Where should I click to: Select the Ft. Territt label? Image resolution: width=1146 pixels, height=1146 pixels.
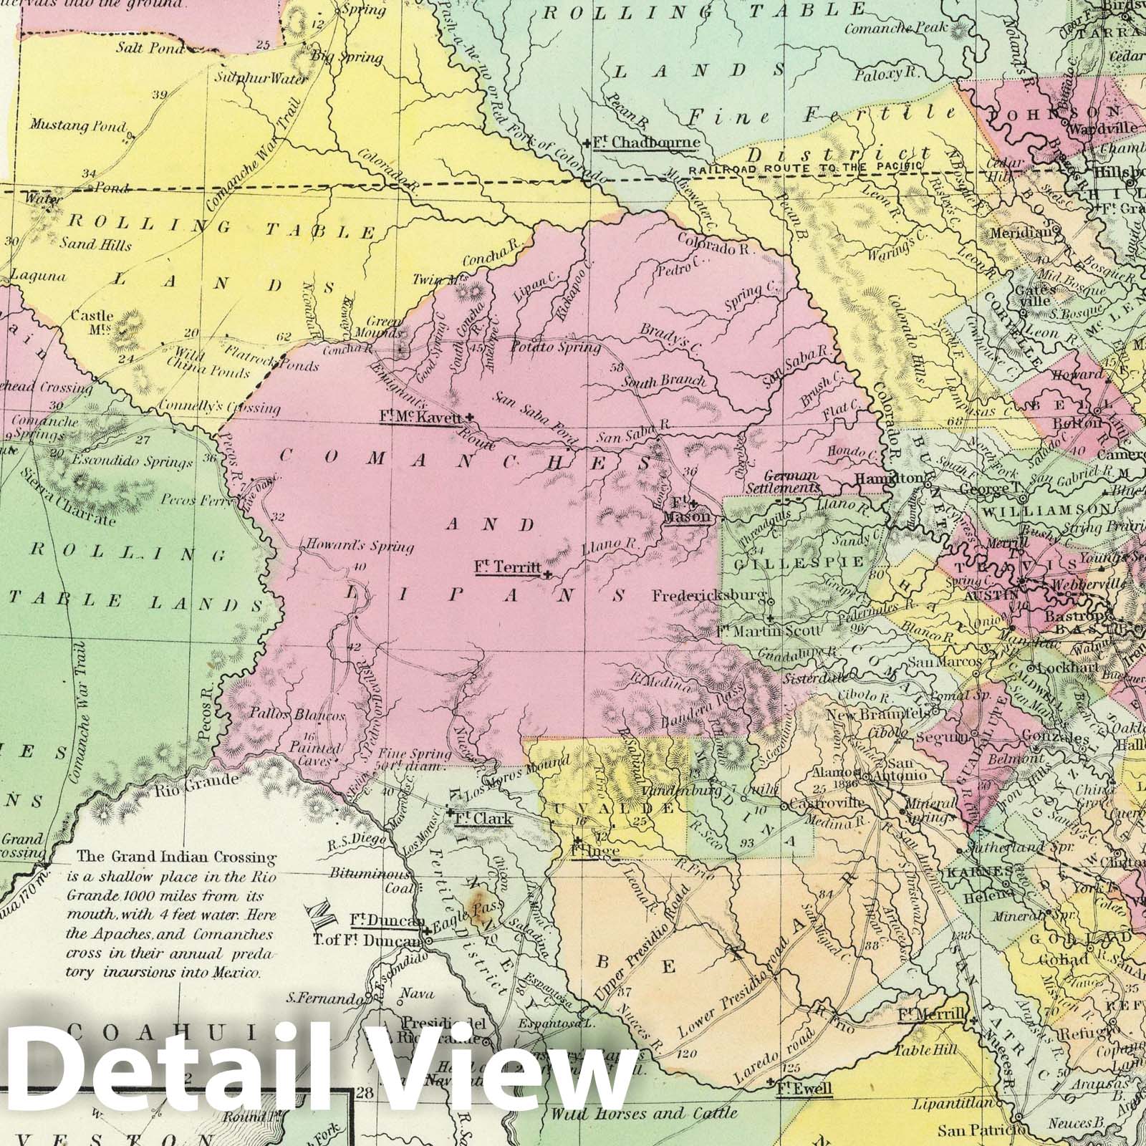(x=507, y=567)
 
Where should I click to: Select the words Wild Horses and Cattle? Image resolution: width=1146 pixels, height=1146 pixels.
(x=644, y=1114)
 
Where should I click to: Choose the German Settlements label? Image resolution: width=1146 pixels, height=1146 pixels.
(x=791, y=481)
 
